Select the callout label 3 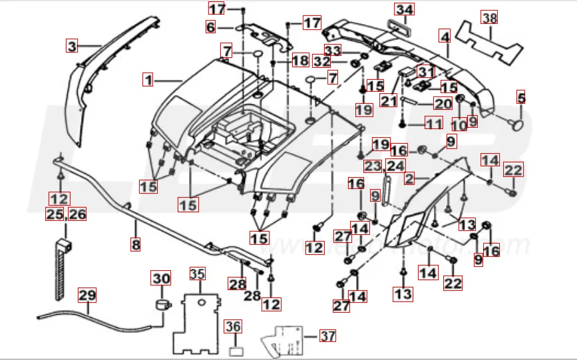[72, 47]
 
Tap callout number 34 [404, 9]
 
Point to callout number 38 [489, 18]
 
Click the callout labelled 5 [521, 98]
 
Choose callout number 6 [210, 27]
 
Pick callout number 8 [136, 245]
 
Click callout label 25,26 [66, 214]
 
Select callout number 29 [87, 294]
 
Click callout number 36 [232, 326]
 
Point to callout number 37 [327, 336]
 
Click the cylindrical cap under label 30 [160, 305]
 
